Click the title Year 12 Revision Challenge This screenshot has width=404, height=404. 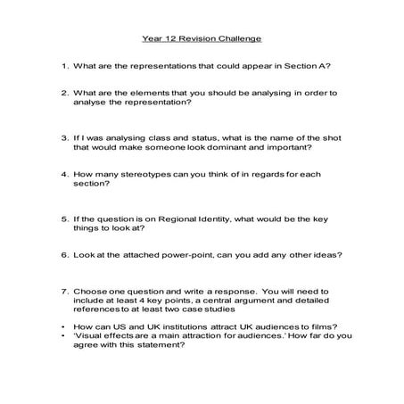[x=202, y=41]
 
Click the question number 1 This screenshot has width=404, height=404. [x=64, y=66]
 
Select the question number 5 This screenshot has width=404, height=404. [x=64, y=219]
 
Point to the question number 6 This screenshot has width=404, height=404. [x=64, y=254]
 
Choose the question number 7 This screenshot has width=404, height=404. [x=64, y=291]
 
